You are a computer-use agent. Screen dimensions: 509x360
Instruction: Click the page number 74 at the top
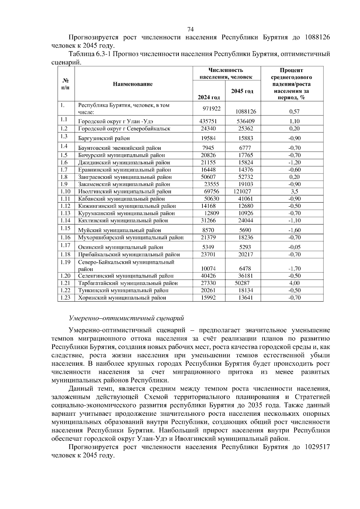(x=190, y=29)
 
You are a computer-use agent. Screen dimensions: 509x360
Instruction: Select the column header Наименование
(x=133, y=84)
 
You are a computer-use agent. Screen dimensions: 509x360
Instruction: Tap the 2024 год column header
(x=209, y=97)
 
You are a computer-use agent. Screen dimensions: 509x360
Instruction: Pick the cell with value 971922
(x=211, y=109)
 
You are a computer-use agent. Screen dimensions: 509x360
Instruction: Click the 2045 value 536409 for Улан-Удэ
(x=244, y=121)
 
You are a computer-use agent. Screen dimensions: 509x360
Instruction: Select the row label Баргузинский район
(x=104, y=138)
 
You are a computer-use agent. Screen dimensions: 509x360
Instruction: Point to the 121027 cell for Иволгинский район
(x=242, y=192)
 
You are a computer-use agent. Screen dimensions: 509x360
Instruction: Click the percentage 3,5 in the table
(x=294, y=192)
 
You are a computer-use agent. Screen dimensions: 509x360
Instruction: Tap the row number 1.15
(x=65, y=228)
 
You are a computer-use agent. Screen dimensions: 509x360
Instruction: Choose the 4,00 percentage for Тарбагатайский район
(x=294, y=283)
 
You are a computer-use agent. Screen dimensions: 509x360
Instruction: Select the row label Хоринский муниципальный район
(x=122, y=298)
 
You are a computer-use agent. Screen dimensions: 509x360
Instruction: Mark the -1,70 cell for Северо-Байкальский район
(x=294, y=269)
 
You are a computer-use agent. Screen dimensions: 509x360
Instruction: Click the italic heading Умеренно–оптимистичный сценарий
(x=126, y=318)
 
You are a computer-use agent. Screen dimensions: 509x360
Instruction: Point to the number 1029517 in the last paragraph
(x=317, y=447)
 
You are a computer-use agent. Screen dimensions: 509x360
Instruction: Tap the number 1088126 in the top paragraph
(x=317, y=37)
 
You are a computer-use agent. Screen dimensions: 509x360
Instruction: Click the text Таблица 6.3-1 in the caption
(x=90, y=54)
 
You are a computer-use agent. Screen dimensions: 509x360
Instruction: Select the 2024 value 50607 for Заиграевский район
(x=208, y=177)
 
